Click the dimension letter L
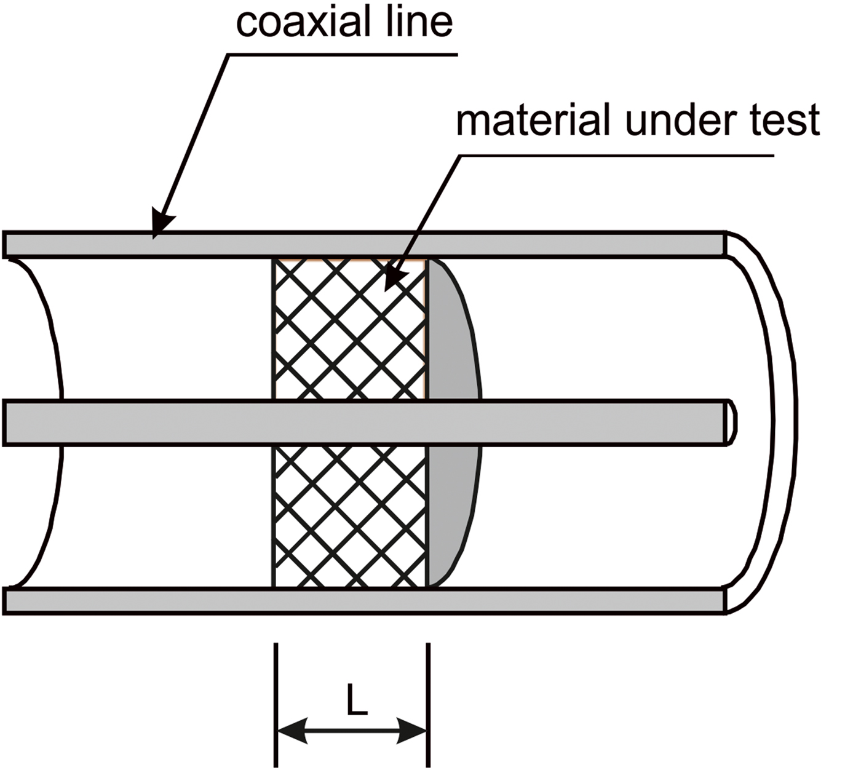(356, 701)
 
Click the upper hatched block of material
(351, 329)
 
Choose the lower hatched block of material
(351, 517)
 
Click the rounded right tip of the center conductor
(732, 422)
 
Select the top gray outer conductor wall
(430, 244)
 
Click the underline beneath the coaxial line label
(344, 54)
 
